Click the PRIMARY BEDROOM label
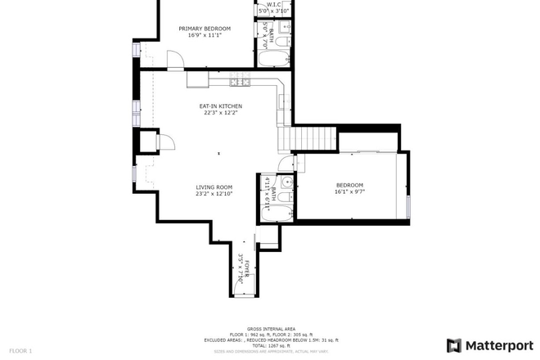(x=205, y=29)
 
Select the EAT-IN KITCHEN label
(x=221, y=106)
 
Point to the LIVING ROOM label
(x=214, y=187)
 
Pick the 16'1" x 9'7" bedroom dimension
(x=349, y=191)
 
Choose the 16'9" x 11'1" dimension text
(x=205, y=36)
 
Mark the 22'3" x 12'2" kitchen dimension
(x=221, y=114)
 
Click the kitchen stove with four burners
(x=238, y=80)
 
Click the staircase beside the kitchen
(x=316, y=140)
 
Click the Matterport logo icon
(x=454, y=345)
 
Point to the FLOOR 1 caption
(x=20, y=351)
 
